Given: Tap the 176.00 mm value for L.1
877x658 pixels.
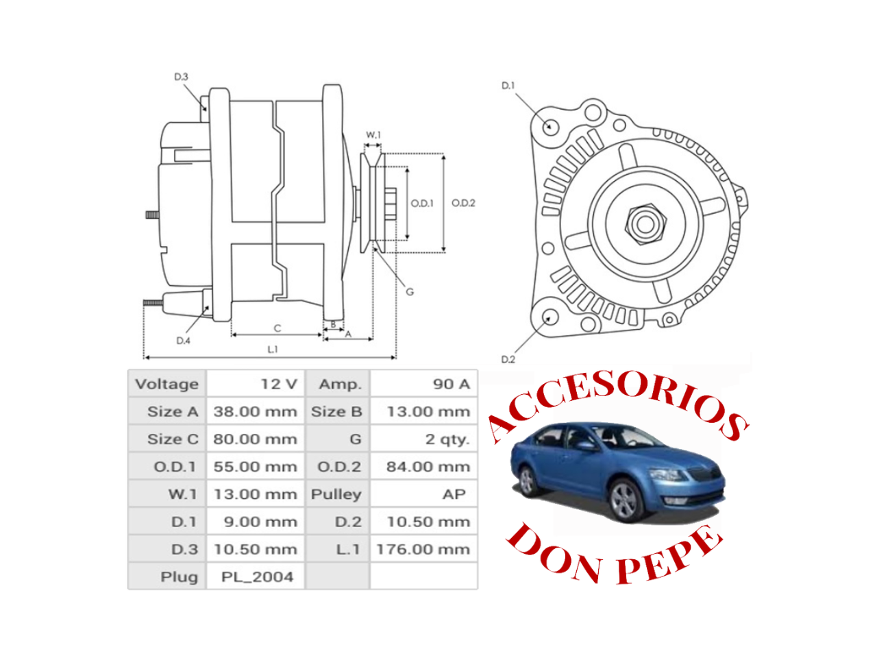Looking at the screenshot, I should click(x=423, y=549).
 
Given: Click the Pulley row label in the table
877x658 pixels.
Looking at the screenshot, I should click(x=336, y=494).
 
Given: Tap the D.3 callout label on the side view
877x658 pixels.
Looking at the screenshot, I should click(x=181, y=77).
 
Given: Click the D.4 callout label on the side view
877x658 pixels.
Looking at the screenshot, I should click(x=183, y=341).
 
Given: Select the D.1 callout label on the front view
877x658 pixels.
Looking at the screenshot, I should click(x=508, y=86).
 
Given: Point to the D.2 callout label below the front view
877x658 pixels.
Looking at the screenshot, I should click(x=508, y=359).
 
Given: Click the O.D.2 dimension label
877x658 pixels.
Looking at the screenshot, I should click(x=463, y=203).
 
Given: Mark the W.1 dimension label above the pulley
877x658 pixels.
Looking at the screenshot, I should click(x=373, y=135).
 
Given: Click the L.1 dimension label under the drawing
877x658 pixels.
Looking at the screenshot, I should click(x=273, y=350).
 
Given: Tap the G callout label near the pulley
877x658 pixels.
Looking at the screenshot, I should click(x=410, y=292).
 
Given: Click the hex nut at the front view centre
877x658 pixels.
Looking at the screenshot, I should click(x=645, y=223).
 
